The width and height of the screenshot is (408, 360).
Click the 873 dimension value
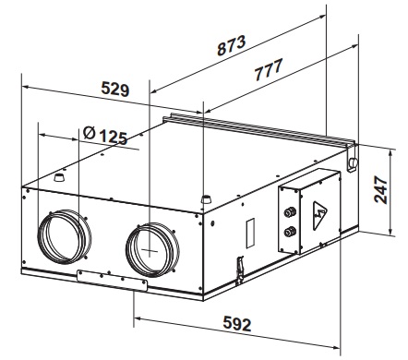(232, 45)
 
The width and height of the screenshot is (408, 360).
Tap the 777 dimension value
(269, 70)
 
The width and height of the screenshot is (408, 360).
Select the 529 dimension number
(115, 89)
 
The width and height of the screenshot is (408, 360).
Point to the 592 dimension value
(237, 323)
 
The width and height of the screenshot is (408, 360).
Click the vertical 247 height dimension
(380, 190)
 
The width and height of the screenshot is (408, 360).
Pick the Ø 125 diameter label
(105, 136)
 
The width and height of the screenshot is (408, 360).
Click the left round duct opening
(64, 236)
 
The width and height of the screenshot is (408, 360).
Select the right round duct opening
(152, 250)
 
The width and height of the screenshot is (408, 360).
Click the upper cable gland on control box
(290, 211)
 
